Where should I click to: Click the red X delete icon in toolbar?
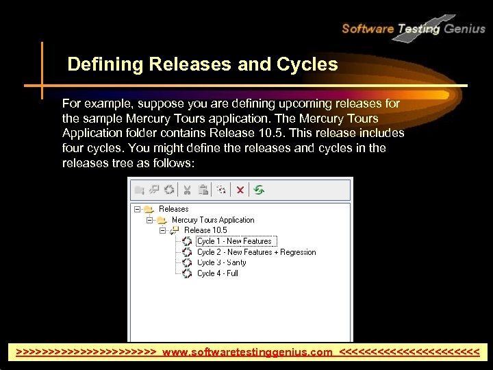point(240,190)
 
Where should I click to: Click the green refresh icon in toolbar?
point(259,190)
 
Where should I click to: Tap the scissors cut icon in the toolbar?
point(187,190)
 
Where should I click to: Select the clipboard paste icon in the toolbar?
point(203,190)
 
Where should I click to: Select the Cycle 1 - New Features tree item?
point(234,241)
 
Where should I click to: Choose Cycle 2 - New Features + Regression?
point(256,252)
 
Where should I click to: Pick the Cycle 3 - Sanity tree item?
point(221,262)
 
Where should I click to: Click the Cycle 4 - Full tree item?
point(217,273)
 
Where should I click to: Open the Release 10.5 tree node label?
point(205,230)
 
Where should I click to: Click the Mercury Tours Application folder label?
point(213,220)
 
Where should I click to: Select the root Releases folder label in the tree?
point(173,209)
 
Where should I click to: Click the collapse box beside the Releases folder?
point(138,209)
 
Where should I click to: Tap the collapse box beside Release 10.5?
point(163,230)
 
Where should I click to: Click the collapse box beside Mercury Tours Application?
point(150,220)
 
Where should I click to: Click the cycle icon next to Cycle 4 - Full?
point(187,273)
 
